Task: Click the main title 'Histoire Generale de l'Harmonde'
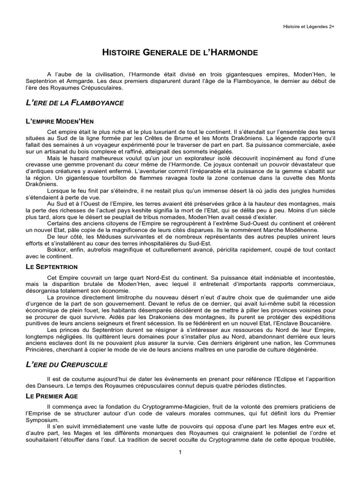pos(180,52)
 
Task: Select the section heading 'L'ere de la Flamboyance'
pos(75,102)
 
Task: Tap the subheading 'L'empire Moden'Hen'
pos(60,121)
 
